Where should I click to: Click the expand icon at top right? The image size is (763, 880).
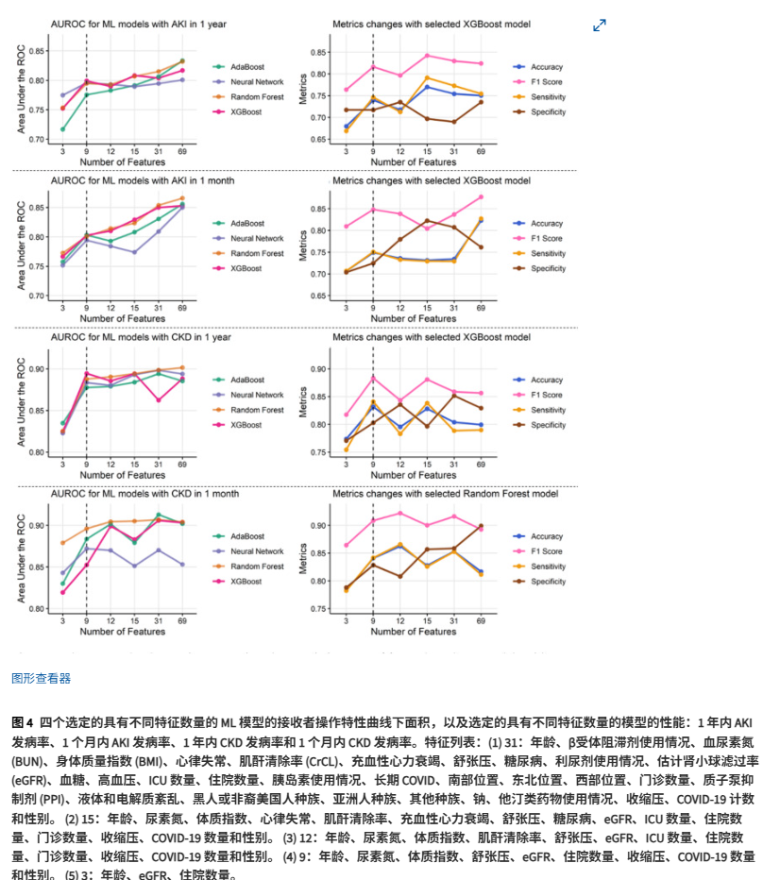pos(599,25)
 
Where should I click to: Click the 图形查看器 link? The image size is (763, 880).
pos(41,678)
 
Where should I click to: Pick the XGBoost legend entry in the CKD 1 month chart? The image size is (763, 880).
pos(245,583)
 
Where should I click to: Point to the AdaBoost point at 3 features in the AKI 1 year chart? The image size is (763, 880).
pos(62,129)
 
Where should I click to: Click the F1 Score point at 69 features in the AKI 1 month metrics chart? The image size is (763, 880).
pos(481,197)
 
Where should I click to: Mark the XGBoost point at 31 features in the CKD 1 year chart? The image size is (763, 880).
pos(158,400)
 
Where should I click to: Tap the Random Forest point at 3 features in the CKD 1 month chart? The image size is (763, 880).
pos(62,543)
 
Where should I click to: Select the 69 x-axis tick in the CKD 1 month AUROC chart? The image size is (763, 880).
pos(181,619)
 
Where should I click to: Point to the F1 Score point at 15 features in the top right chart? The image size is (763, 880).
pos(427,56)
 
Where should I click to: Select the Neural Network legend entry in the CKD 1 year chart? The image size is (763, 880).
pos(255,395)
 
